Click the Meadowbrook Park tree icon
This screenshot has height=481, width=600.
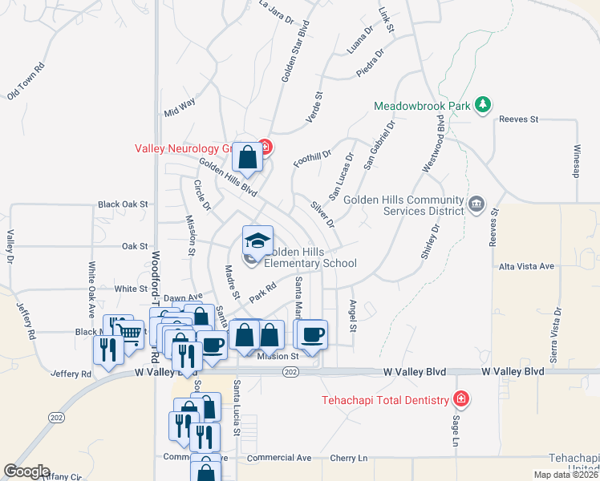(x=483, y=105)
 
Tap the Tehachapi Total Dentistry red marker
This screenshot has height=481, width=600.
(x=460, y=398)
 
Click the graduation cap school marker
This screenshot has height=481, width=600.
(x=257, y=240)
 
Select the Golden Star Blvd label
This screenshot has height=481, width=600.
(x=294, y=51)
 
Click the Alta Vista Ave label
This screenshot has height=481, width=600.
(x=526, y=266)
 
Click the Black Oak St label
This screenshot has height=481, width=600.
(x=124, y=204)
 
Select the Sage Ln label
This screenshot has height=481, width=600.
(x=454, y=428)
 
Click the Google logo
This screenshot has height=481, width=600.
(x=26, y=471)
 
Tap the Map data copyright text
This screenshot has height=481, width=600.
(x=566, y=475)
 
